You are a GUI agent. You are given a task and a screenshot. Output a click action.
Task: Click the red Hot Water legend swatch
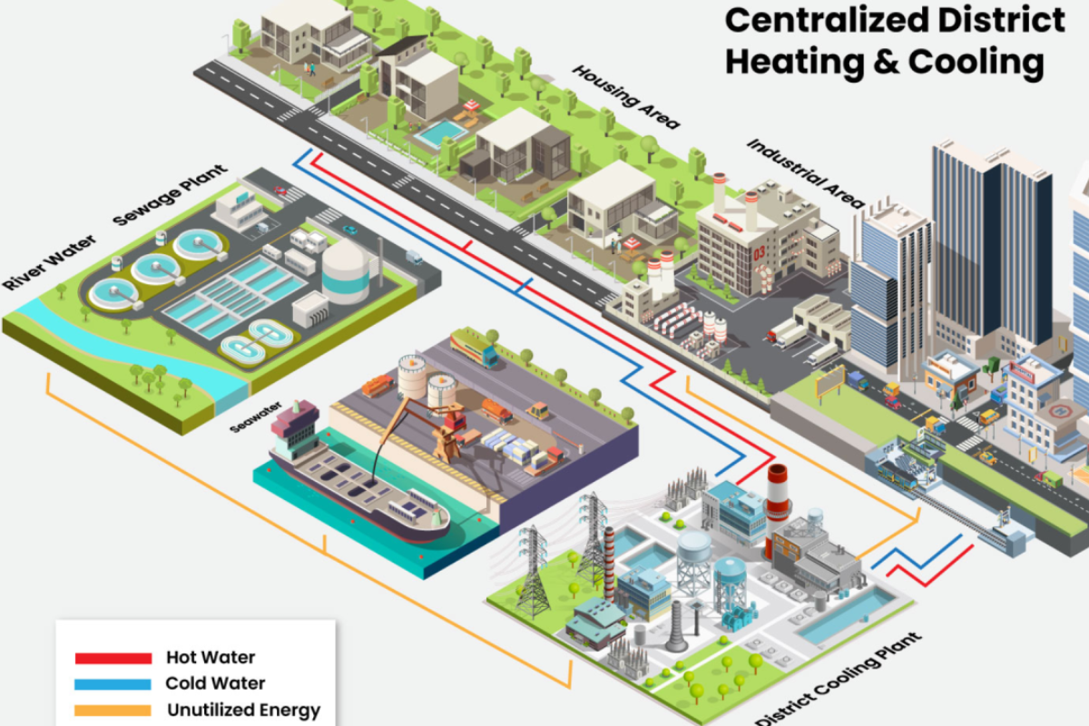click(x=113, y=658)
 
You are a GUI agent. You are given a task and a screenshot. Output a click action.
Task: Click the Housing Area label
click(x=626, y=98)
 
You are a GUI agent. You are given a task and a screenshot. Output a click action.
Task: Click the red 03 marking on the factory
click(x=760, y=253)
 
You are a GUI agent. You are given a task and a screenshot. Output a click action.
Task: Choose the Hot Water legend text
click(x=211, y=657)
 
